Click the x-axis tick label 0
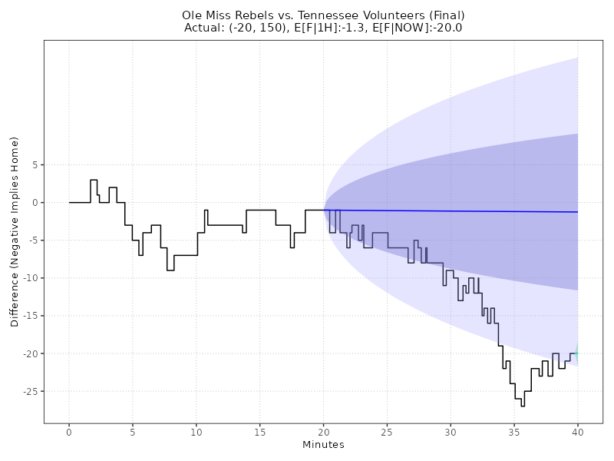click(69, 433)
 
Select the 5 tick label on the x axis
click(133, 433)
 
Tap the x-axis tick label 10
click(196, 433)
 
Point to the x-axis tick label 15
click(259, 433)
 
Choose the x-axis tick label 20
click(323, 433)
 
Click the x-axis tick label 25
click(387, 433)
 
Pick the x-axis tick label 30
click(451, 433)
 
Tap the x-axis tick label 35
click(514, 433)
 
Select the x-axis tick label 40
click(577, 433)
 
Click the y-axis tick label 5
click(35, 164)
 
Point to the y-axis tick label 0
click(35, 202)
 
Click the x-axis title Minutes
click(323, 445)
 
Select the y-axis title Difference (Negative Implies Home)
click(15, 231)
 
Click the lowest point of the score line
click(523, 406)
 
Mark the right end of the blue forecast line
click(577, 212)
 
